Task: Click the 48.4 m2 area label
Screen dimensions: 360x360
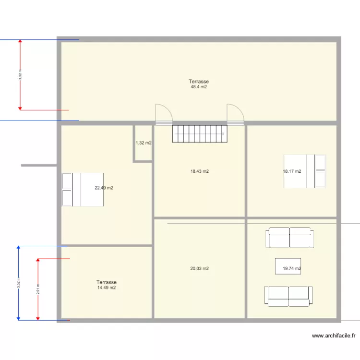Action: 198,87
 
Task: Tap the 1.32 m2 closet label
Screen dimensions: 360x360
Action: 144,143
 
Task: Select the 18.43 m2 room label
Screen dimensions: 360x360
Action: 200,171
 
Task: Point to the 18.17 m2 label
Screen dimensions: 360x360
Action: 292,171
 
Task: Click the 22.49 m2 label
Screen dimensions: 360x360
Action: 104,188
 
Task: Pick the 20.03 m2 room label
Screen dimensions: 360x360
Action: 200,269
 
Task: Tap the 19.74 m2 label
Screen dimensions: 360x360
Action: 292,269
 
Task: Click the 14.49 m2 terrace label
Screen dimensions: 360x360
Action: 106,288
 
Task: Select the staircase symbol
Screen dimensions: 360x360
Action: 199,134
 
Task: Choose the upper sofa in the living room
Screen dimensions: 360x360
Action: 289,238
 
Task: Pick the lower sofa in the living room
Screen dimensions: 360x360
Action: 288,296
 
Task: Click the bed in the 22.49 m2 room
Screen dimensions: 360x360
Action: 83,190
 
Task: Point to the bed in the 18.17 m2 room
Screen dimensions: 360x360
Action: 305,171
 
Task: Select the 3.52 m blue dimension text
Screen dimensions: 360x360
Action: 18,283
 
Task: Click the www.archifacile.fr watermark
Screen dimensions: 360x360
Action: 334,336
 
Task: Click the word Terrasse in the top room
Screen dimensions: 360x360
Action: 199,82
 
